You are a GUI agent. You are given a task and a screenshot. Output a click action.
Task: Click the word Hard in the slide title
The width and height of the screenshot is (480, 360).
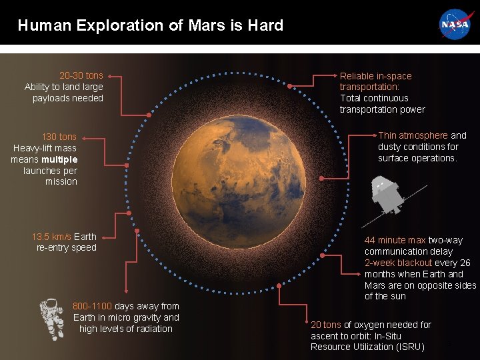[x=265, y=26]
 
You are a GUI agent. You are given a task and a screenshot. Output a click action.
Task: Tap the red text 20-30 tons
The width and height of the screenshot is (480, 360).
[x=81, y=75]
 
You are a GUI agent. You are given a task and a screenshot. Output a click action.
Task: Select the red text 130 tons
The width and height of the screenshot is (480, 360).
[x=59, y=137]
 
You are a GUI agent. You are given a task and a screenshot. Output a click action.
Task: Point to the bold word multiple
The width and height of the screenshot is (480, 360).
[x=59, y=159]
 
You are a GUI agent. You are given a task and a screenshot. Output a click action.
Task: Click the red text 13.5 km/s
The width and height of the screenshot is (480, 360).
[x=51, y=237]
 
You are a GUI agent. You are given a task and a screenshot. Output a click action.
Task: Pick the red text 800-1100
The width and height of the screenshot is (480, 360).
[x=93, y=306]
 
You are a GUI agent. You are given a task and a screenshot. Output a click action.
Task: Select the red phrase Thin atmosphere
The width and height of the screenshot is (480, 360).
[x=413, y=135]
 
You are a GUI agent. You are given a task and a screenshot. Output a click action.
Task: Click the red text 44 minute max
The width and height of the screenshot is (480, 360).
[x=395, y=240]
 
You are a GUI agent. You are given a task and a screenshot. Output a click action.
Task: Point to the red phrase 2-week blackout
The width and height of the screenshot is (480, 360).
[x=398, y=263]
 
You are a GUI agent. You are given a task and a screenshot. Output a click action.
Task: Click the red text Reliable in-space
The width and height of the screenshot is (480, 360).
[x=375, y=76]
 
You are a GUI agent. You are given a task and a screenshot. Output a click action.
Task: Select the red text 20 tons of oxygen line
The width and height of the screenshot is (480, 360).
[x=325, y=325]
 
